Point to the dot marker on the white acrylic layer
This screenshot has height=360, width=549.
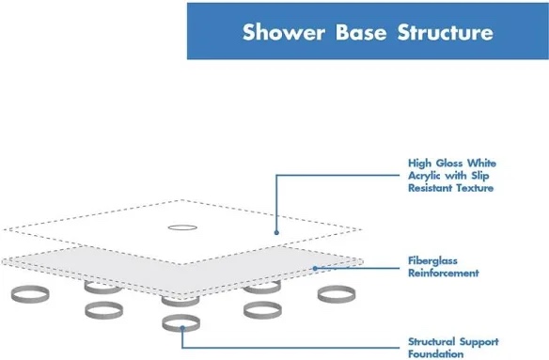275,231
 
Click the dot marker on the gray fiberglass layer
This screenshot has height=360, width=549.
313,269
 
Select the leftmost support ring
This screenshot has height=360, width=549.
29,295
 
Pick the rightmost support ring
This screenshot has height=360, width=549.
335,294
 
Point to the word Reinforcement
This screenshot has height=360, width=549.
444,274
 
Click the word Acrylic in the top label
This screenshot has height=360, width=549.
426,175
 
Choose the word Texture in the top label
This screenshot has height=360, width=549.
475,188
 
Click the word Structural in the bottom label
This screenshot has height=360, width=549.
434,341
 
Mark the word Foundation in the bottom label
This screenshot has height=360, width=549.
436,354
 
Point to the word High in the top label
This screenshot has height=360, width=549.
418,162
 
